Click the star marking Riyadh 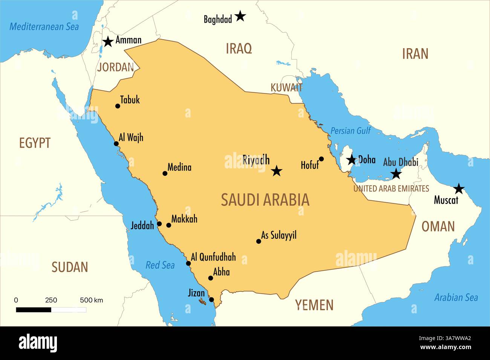coord(277,171)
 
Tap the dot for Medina coord(165,174)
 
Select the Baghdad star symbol coord(240,16)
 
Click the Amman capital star coord(108,42)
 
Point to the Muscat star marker coord(459,189)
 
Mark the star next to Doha coord(352,160)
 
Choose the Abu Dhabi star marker coord(396,174)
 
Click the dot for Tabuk coord(118,106)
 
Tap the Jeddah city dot coord(159,224)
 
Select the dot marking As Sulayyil coord(259,241)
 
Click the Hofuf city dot coord(321,159)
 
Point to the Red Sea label coord(160,265)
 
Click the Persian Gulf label coord(351,131)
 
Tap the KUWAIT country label coord(286,88)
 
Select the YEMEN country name coord(314,305)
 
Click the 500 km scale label coord(91,300)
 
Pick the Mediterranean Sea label coord(44,27)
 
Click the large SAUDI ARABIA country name coord(265,200)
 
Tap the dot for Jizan coord(211,300)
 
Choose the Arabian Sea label coord(456,297)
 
